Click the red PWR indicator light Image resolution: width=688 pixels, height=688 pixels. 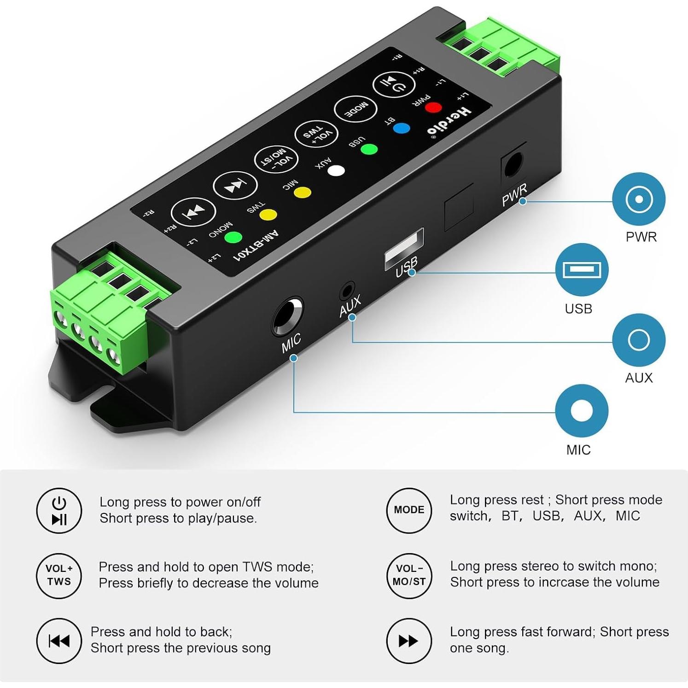(433, 108)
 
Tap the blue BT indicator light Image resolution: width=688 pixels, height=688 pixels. (402, 128)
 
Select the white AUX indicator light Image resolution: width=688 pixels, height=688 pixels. (336, 171)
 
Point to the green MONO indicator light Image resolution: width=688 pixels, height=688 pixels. (233, 238)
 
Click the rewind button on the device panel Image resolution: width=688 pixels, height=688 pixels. (193, 212)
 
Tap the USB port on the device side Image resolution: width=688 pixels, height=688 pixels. (404, 248)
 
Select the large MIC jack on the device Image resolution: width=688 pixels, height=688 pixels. (287, 316)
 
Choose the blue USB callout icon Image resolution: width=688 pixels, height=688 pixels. (582, 269)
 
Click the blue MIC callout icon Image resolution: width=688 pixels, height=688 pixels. (582, 410)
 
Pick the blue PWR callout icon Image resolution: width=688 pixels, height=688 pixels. (639, 199)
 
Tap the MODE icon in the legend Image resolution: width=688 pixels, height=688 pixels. (409, 510)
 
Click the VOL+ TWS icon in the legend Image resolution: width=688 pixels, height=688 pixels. (59, 575)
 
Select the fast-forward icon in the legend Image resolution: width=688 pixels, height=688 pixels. (409, 640)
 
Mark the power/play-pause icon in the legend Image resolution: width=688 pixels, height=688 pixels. (59, 510)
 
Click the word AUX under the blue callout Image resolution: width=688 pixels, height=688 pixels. (639, 378)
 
